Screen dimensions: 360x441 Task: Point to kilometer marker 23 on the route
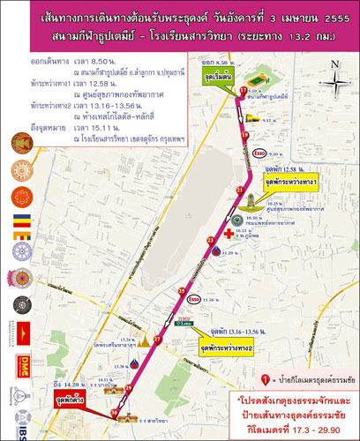click(x=210, y=240)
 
